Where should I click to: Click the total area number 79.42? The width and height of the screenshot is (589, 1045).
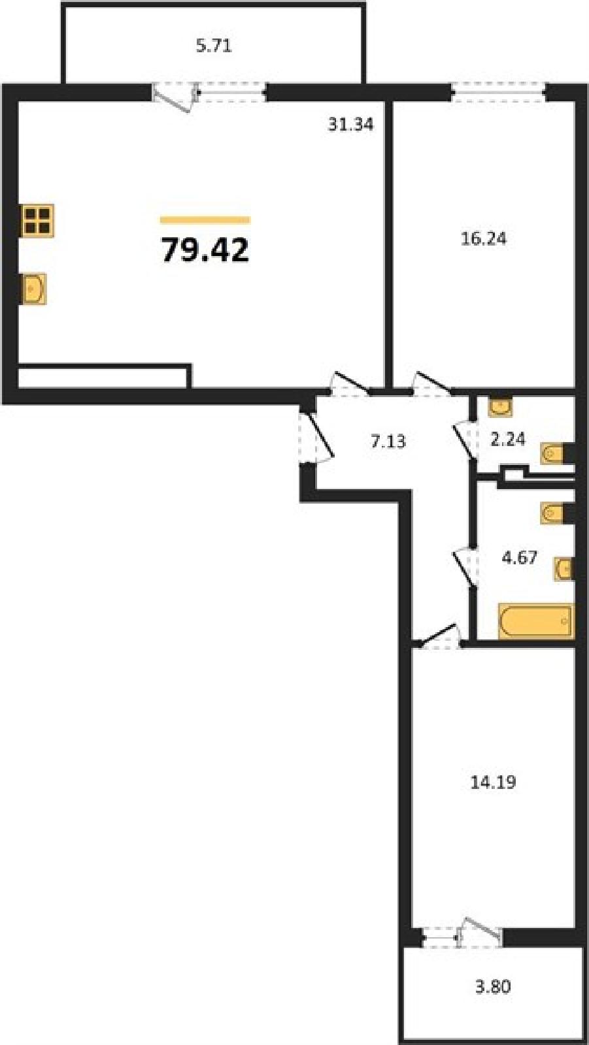click(x=205, y=251)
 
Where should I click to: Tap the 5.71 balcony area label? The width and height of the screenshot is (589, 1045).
click(x=214, y=46)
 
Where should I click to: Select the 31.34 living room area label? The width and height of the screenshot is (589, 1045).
click(x=351, y=125)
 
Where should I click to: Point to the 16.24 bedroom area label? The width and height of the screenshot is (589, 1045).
click(x=484, y=239)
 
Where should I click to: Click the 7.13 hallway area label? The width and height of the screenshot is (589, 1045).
click(x=388, y=441)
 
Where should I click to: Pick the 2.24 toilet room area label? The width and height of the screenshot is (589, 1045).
click(x=508, y=439)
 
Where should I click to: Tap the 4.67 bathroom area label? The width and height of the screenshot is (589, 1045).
click(x=520, y=557)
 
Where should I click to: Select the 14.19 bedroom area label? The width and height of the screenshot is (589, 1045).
click(x=493, y=782)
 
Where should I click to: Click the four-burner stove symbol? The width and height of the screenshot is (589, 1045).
click(x=38, y=219)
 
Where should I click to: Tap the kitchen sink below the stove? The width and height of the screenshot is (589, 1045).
click(x=34, y=289)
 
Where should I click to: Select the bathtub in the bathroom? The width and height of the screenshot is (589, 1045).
click(x=536, y=620)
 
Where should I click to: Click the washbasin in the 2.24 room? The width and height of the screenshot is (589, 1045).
click(x=500, y=406)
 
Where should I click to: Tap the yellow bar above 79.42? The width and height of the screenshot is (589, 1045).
click(x=205, y=220)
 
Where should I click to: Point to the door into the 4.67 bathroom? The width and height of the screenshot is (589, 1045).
click(x=467, y=568)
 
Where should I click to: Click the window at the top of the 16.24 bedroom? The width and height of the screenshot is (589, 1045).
click(x=499, y=92)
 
